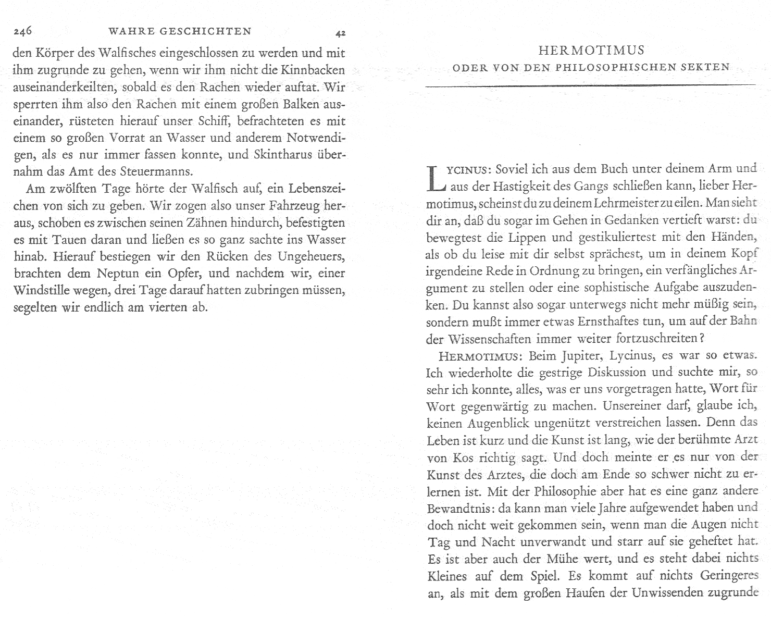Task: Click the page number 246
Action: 23,32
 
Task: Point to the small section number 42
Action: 340,34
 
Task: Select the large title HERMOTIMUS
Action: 591,51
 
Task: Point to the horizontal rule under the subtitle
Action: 591,85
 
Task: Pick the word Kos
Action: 459,458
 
